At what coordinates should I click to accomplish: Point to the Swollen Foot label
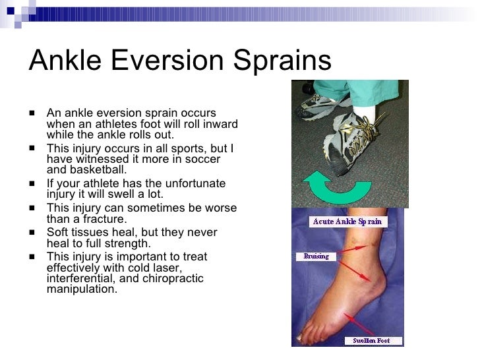click(371, 341)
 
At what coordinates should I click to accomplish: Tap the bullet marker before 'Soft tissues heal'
click(32, 232)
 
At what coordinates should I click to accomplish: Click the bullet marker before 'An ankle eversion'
click(32, 114)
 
